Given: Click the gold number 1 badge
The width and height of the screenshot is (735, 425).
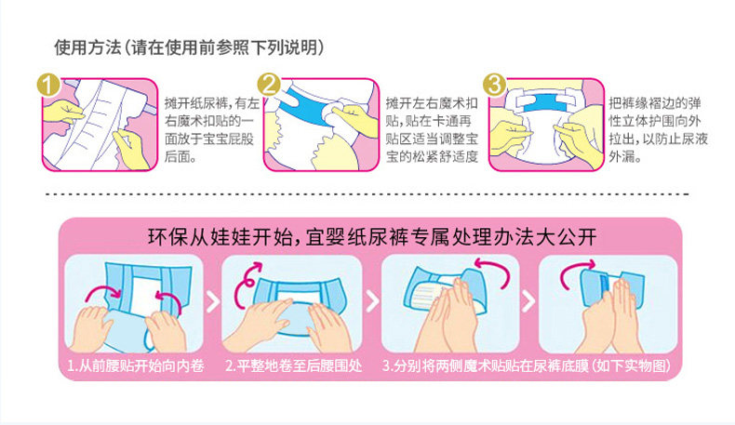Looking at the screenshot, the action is tap(47, 86).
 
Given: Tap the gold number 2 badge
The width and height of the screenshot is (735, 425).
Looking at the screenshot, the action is tap(269, 86).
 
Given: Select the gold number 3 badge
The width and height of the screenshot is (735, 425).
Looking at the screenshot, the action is tap(494, 86).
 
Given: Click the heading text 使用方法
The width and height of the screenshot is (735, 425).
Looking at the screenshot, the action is tap(87, 47).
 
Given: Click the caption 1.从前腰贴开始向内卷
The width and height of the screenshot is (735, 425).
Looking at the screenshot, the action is tap(136, 365).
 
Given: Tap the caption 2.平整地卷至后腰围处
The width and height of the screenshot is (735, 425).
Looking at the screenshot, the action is tap(294, 365).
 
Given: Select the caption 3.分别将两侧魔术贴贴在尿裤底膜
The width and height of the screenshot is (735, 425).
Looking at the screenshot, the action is tap(485, 365).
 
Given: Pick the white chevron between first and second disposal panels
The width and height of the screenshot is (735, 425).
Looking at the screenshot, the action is tap(212, 302).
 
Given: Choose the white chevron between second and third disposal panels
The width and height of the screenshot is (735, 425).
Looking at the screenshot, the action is tap(372, 302).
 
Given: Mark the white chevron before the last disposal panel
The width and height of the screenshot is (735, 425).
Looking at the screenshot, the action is tap(528, 302).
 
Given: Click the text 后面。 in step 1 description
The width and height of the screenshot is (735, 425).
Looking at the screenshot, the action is tap(180, 157).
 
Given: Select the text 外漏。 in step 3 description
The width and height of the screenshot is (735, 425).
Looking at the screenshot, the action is tap(625, 157).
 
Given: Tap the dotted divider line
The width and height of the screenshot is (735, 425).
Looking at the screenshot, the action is tap(367, 194).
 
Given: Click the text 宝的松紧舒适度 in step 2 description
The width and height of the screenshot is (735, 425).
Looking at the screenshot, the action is tap(432, 157).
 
